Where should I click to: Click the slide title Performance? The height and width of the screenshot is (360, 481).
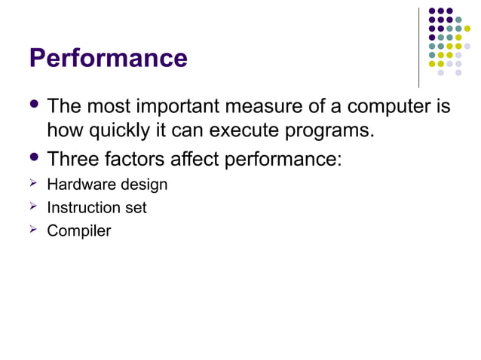(x=108, y=58)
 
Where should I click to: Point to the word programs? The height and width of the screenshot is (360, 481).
(x=327, y=131)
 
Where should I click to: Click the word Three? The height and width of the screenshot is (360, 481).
(x=75, y=159)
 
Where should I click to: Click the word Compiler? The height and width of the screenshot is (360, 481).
(x=78, y=230)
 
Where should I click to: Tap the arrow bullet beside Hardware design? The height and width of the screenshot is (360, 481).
(x=33, y=184)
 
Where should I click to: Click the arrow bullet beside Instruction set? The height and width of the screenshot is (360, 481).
(x=33, y=206)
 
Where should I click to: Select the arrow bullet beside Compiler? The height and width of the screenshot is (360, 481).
(x=33, y=230)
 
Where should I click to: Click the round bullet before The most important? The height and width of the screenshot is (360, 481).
(x=34, y=105)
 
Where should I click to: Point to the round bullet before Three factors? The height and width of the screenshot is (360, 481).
(x=34, y=157)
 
